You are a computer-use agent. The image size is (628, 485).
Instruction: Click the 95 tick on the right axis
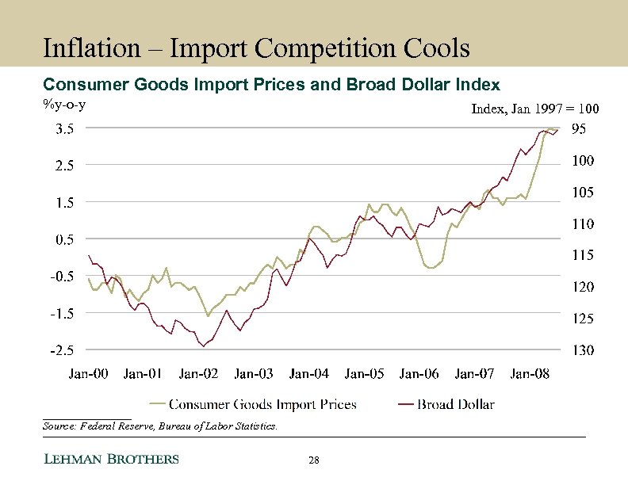click(x=579, y=128)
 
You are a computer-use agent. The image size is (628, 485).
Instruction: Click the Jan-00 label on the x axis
click(x=89, y=373)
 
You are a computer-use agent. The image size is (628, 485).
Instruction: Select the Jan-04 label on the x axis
click(x=309, y=373)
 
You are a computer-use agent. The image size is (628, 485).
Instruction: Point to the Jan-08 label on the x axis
click(x=530, y=373)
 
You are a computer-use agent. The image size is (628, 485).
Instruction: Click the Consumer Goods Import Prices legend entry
click(x=262, y=404)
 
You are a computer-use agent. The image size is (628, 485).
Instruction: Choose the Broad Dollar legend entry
click(x=456, y=404)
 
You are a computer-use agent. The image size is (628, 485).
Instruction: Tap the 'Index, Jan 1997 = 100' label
click(x=535, y=109)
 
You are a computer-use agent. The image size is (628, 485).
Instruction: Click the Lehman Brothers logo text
click(x=110, y=460)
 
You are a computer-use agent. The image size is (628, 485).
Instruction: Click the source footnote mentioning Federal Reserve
click(x=159, y=426)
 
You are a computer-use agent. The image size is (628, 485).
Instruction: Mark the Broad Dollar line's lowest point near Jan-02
click(x=203, y=346)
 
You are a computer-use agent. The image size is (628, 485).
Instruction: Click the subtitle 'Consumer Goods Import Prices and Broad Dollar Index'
click(x=271, y=84)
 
